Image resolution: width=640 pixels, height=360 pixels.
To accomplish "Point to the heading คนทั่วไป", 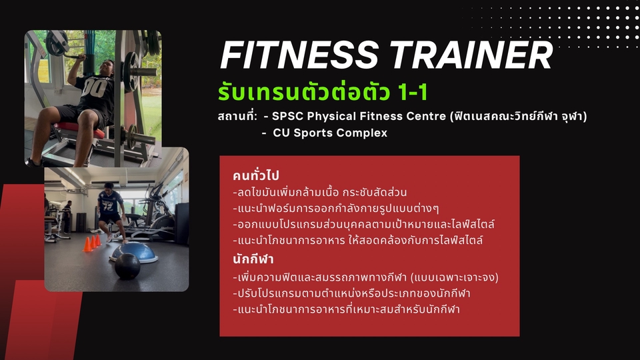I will (256, 176).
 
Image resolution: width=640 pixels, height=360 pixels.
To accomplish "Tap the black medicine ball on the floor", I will (127, 266).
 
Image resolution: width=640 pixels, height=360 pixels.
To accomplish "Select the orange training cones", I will (92, 243).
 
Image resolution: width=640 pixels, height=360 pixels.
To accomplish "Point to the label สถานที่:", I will (237, 117).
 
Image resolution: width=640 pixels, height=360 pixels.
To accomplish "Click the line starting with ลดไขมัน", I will (320, 193).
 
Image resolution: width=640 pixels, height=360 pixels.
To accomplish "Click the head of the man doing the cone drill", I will (107, 189).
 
